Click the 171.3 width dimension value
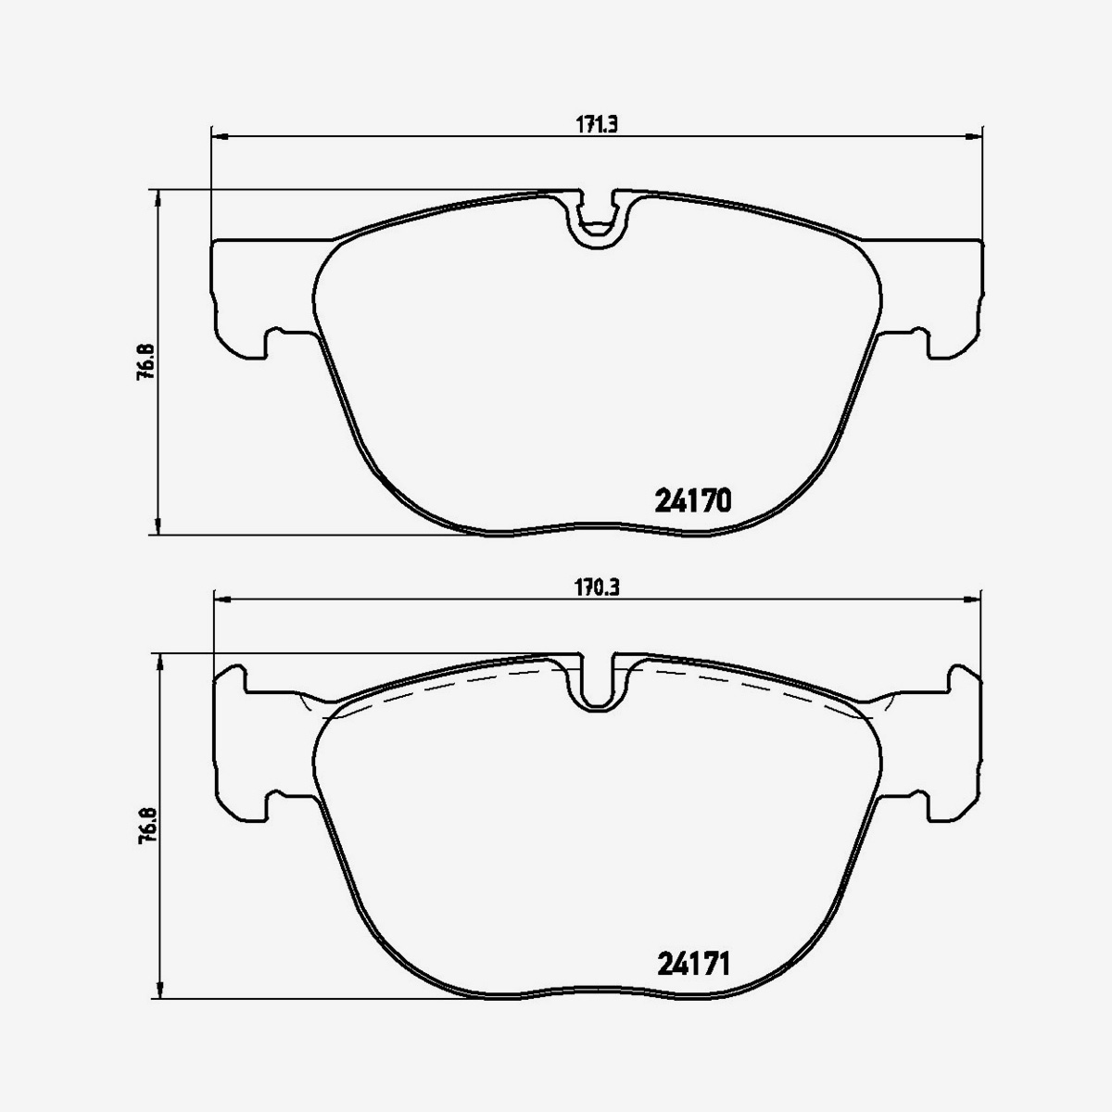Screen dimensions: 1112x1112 598,127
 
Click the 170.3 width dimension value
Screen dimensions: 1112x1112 598,588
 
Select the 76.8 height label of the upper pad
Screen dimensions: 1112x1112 145,363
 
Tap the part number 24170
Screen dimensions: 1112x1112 694,501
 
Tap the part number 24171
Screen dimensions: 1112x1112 694,965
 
